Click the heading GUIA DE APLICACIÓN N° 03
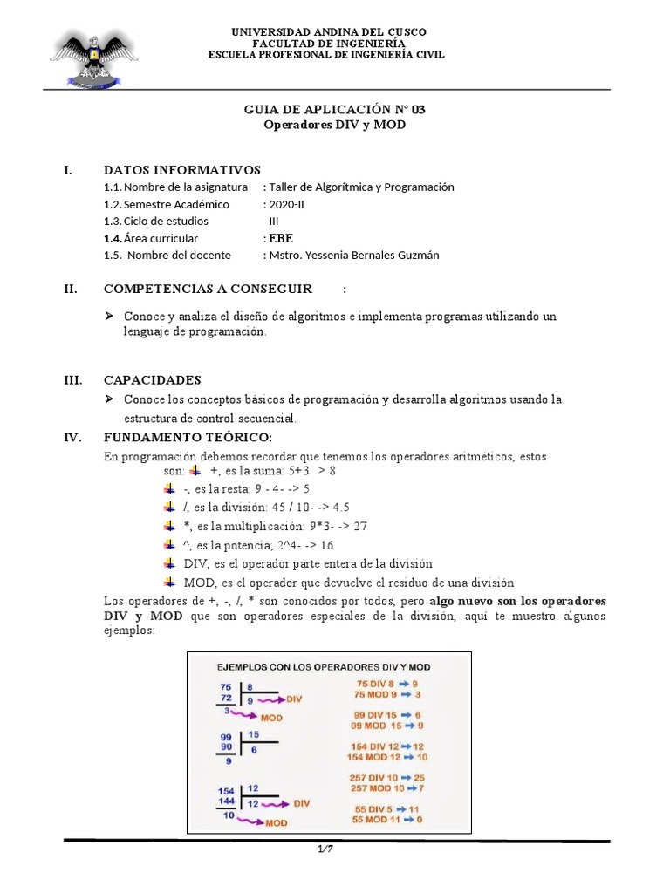click(334, 109)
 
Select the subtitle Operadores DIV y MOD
click(334, 125)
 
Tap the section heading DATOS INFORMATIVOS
click(181, 169)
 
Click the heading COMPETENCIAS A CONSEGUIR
click(208, 289)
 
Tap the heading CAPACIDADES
click(152, 380)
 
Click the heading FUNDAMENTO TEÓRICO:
click(188, 437)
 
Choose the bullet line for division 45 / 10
click(266, 507)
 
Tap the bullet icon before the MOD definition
click(170, 582)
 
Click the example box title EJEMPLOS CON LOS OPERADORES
click(323, 666)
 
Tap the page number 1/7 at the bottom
click(324, 849)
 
